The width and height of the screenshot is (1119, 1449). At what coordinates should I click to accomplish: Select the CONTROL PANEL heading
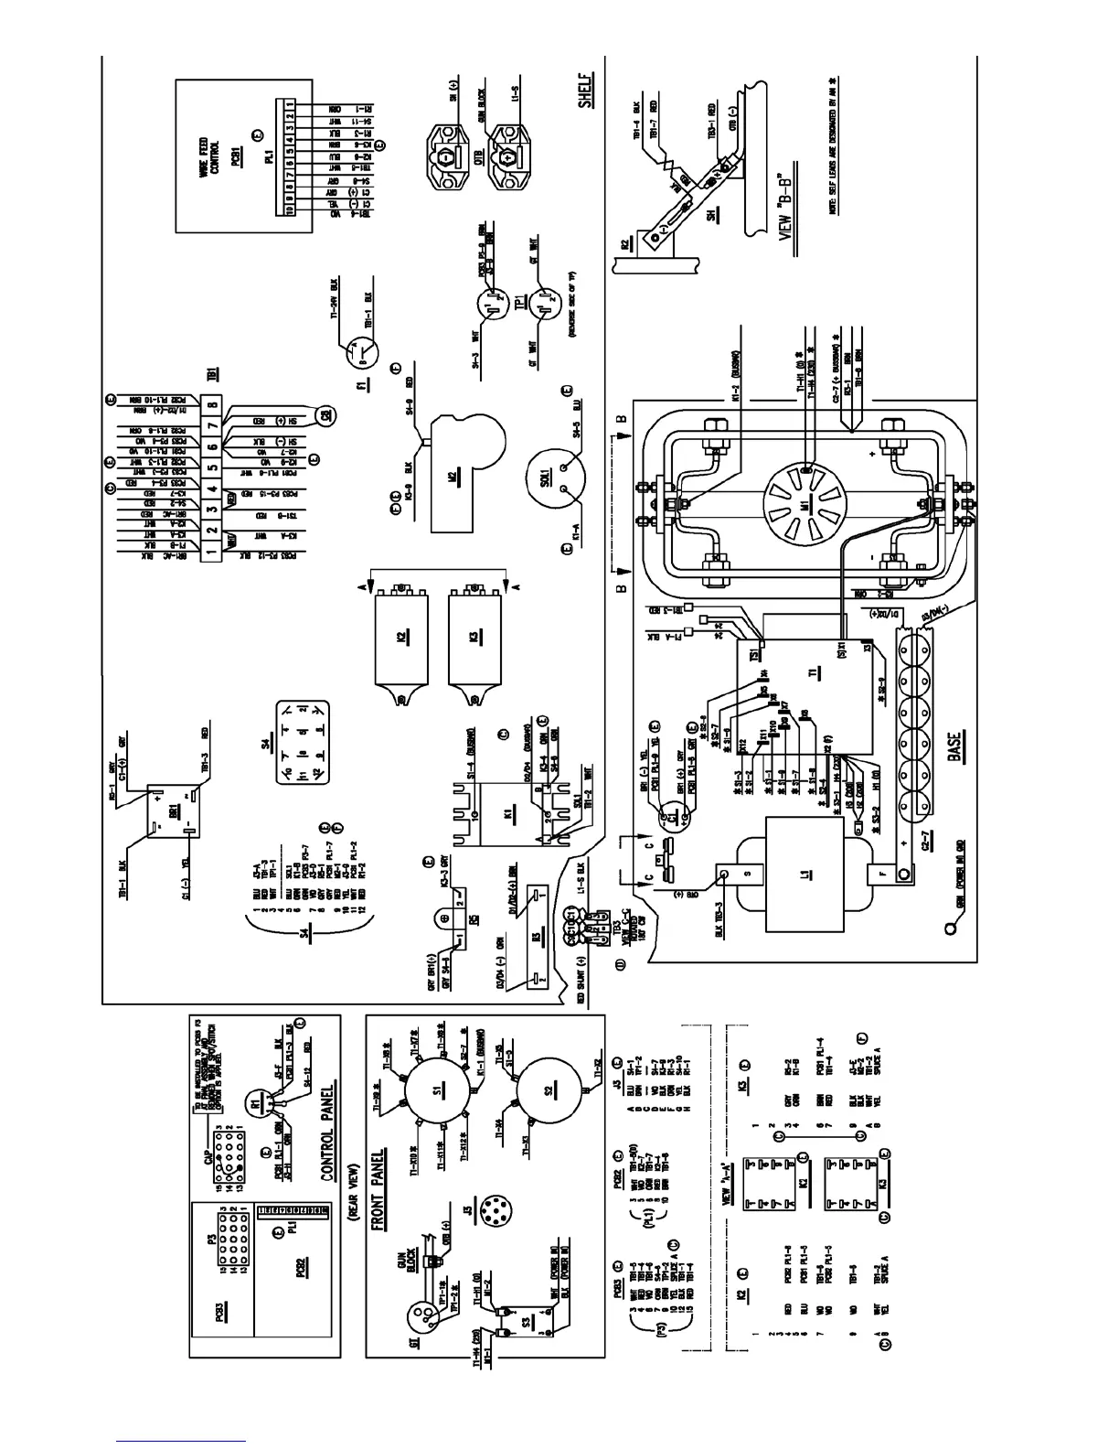point(326,1134)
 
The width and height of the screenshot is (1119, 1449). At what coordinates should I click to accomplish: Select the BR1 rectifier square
point(174,810)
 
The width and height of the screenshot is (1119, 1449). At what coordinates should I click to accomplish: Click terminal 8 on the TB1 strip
point(211,402)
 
